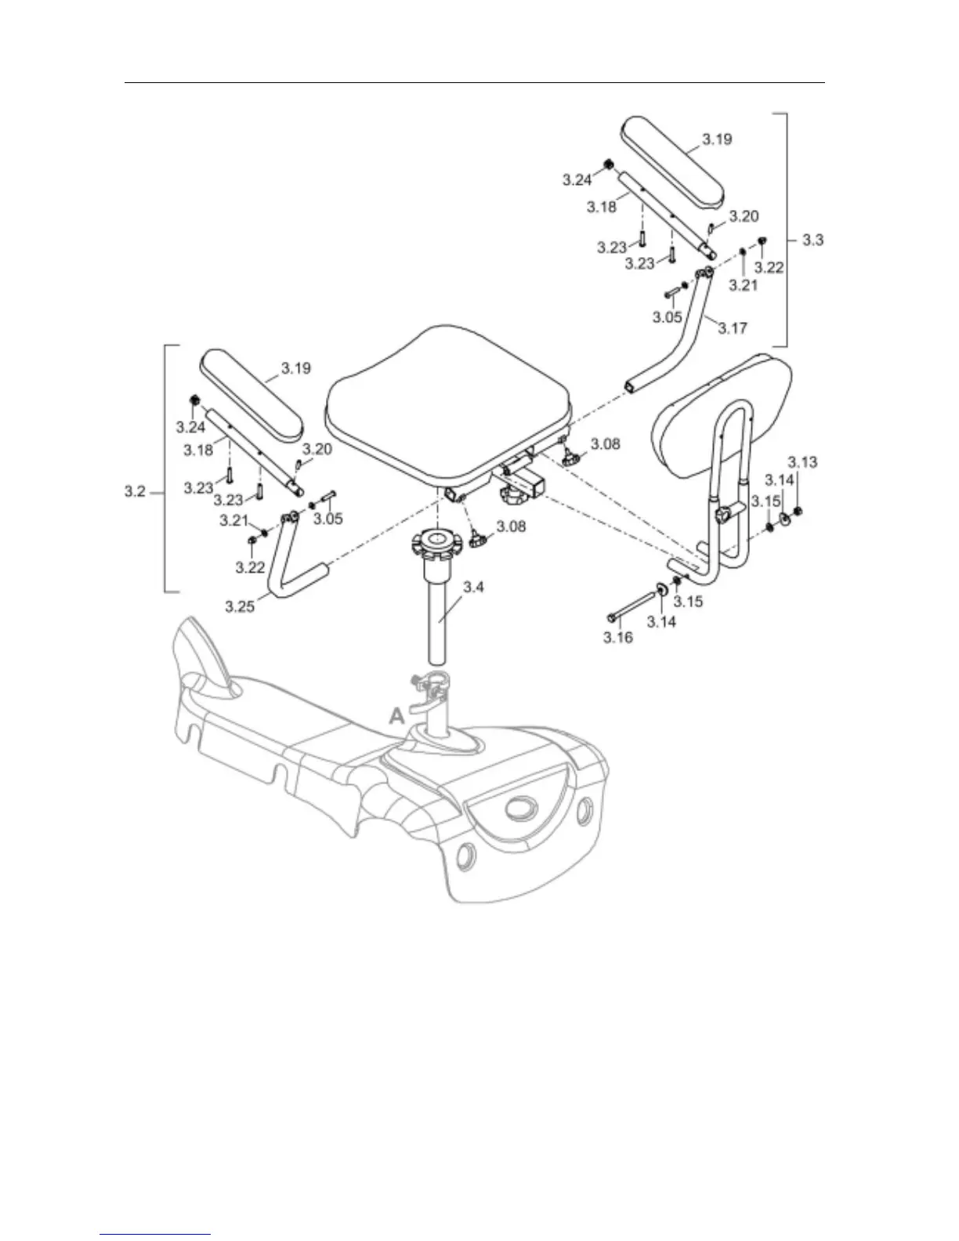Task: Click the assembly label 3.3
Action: pyautogui.click(x=812, y=240)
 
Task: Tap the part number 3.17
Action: pyautogui.click(x=733, y=328)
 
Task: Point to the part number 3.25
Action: pyautogui.click(x=240, y=606)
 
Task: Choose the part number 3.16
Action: pyautogui.click(x=617, y=638)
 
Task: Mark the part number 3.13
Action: pyautogui.click(x=802, y=461)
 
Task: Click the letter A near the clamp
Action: pyautogui.click(x=397, y=715)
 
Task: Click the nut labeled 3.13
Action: pyautogui.click(x=798, y=512)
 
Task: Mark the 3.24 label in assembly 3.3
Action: pyautogui.click(x=577, y=180)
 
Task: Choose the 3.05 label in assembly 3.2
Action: pyautogui.click(x=328, y=519)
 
